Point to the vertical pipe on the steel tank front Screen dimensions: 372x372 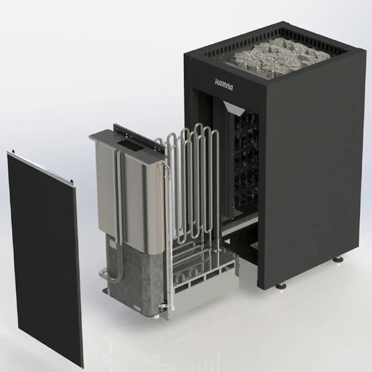tap(119, 202)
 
